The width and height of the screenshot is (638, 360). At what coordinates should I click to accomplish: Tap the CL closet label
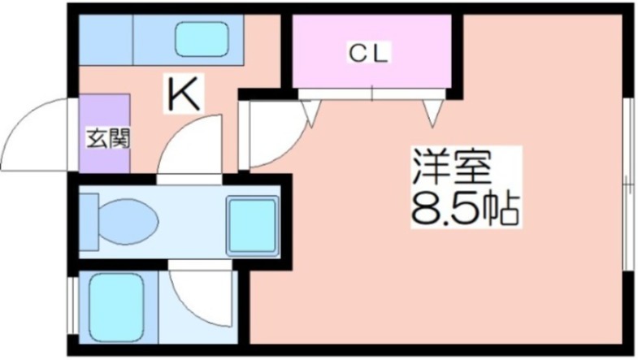tap(371, 54)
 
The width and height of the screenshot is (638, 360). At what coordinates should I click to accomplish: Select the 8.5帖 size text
tap(464, 210)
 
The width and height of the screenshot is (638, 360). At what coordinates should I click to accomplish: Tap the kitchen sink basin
tap(200, 39)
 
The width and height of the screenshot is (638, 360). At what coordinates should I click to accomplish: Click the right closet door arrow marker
tap(432, 112)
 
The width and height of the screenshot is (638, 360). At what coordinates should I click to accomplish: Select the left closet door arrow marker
tap(310, 112)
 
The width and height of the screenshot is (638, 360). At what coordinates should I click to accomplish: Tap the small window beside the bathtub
tap(72, 306)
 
